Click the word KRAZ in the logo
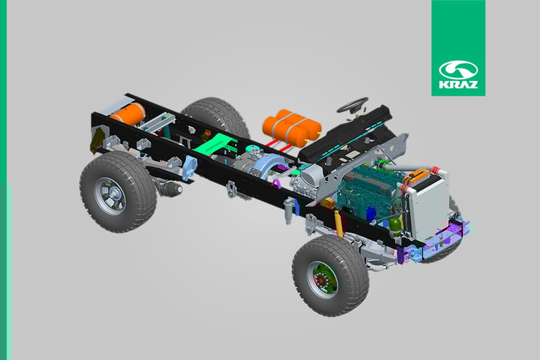point(458,84)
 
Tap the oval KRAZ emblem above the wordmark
point(458,70)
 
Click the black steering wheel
point(352,105)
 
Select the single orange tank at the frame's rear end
point(129,113)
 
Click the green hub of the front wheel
point(323,279)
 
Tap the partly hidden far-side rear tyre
point(217,117)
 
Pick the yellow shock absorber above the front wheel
point(339,224)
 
